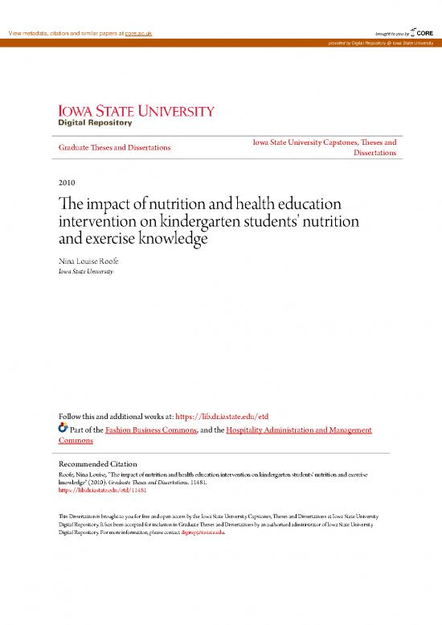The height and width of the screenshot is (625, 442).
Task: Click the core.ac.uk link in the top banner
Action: pos(136,33)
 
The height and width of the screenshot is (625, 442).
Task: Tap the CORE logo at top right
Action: pos(423,32)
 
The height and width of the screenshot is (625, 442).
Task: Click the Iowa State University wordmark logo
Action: pos(135,111)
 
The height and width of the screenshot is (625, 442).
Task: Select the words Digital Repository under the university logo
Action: pos(94,124)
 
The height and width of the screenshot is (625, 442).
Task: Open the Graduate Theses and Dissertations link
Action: pos(114,148)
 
